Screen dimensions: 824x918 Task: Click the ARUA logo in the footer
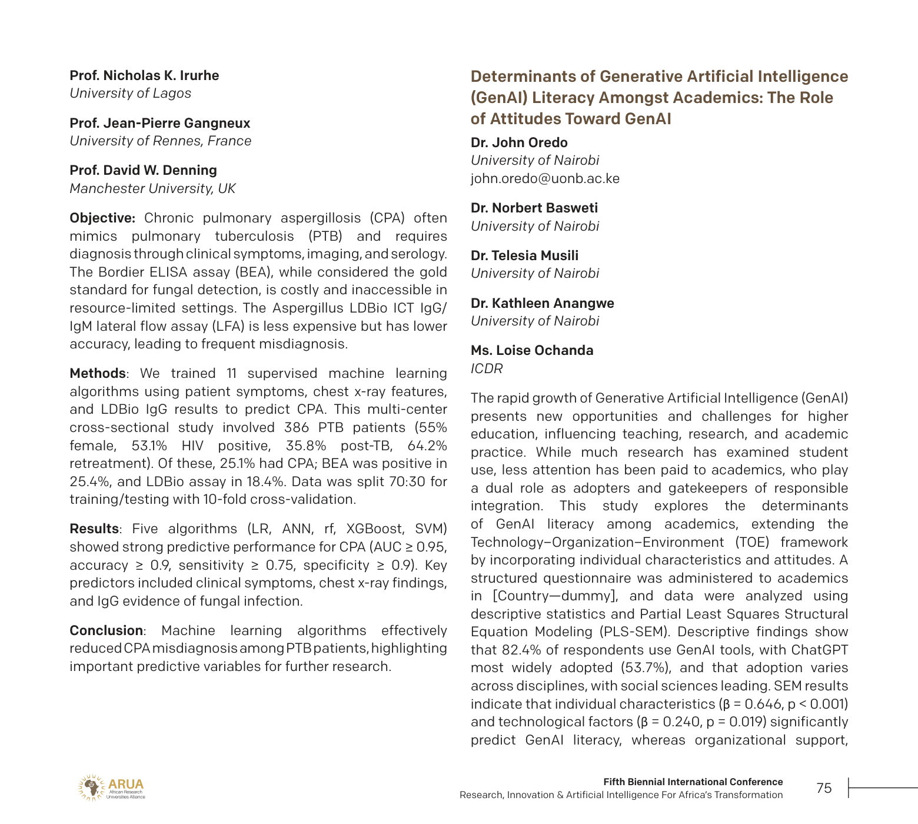click(111, 788)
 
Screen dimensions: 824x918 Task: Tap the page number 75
click(824, 788)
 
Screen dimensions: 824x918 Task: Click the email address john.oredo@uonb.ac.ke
click(545, 178)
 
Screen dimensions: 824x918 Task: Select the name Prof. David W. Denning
click(143, 170)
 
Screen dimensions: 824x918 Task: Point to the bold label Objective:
click(102, 218)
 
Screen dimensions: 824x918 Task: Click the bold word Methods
click(97, 373)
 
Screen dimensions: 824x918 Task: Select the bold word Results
click(94, 529)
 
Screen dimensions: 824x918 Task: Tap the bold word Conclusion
click(106, 630)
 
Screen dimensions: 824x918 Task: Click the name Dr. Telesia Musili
click(524, 255)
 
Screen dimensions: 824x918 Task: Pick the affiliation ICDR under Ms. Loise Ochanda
click(487, 368)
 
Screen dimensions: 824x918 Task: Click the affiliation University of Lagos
click(130, 93)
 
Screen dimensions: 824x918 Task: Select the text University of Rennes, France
click(160, 141)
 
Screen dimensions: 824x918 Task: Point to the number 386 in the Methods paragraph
click(297, 427)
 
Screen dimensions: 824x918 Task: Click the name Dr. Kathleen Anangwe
click(542, 303)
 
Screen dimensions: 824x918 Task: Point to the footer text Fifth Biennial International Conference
click(693, 782)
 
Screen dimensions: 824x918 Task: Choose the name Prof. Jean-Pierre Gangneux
click(159, 123)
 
